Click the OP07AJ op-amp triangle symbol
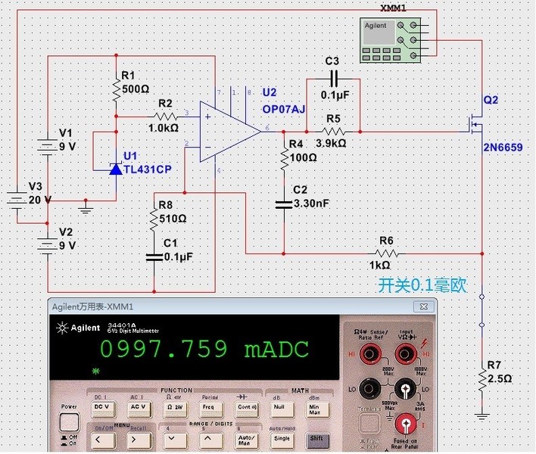(227, 131)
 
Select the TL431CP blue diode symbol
(115, 169)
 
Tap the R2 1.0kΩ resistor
(165, 117)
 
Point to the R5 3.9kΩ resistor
(333, 131)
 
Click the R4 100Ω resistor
(284, 159)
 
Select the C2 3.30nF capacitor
(284, 203)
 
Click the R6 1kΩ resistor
(386, 252)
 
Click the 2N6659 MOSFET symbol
(474, 124)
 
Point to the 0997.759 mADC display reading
(204, 349)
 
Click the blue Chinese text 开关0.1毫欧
(422, 285)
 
